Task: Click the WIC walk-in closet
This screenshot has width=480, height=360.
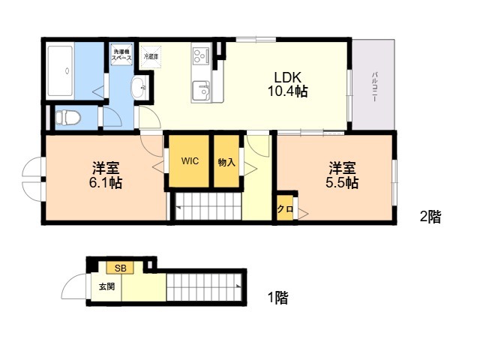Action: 188,160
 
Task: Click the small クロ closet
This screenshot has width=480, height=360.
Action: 285,209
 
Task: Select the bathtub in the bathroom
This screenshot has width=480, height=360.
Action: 60,71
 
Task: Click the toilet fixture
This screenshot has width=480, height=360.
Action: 68,117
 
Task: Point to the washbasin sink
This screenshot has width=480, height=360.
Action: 139,88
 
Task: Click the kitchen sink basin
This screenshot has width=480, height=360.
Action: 201,90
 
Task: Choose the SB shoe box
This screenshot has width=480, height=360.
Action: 120,267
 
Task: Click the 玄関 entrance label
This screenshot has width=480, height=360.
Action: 106,286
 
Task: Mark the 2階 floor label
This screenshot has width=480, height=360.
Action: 430,217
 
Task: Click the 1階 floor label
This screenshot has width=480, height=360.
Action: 277,298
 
